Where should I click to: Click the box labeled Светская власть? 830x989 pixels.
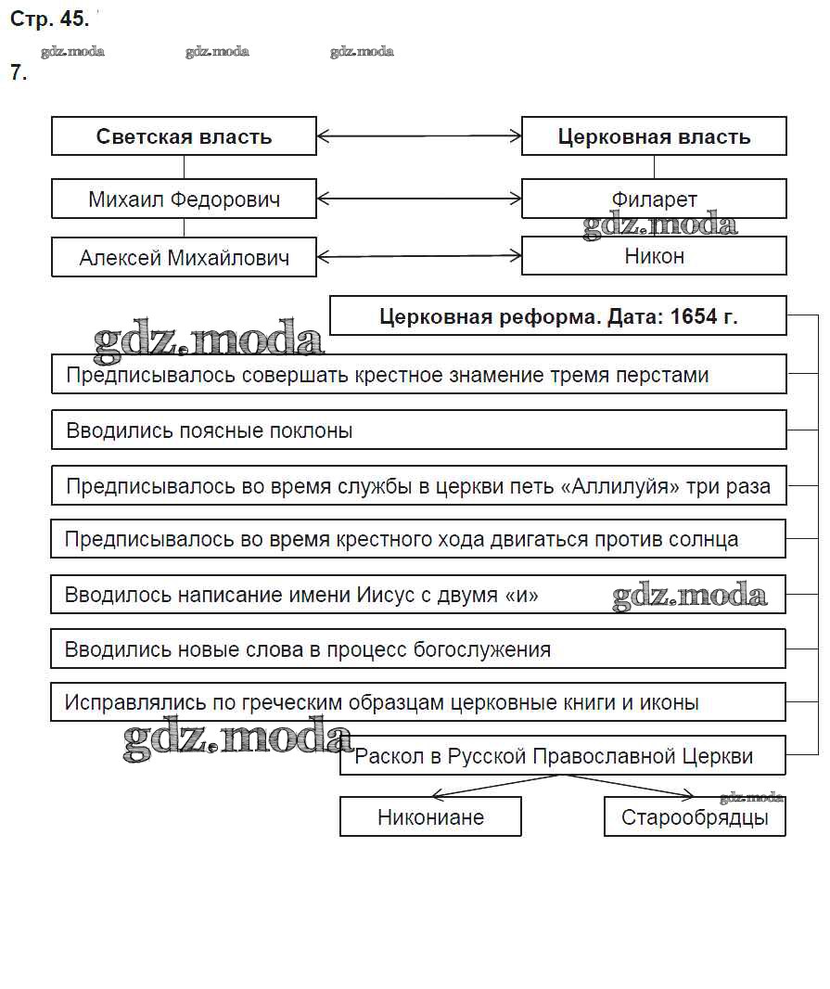184,136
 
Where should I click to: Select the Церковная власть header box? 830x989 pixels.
654,136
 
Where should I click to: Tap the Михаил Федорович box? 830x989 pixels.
184,199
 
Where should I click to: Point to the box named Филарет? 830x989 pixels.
654,199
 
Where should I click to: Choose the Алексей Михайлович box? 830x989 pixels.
184,257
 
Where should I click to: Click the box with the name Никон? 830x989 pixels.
654,255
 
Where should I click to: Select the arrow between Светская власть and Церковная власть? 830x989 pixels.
419,137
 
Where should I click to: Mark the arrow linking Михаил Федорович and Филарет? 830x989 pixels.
419,198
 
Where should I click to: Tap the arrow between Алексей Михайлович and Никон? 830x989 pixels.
419,256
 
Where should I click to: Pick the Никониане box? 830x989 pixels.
430,817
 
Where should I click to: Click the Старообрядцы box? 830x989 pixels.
695,817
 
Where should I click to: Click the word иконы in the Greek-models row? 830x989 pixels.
672,702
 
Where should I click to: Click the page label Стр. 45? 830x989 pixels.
49,19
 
